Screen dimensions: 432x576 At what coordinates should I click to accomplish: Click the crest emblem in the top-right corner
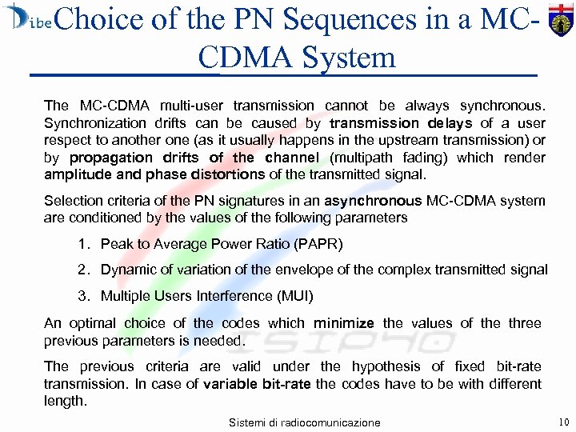click(x=561, y=22)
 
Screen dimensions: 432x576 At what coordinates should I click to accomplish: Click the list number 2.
click(x=84, y=270)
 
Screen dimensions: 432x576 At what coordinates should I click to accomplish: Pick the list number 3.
click(x=84, y=296)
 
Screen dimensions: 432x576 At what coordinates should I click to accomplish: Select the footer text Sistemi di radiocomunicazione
click(x=304, y=422)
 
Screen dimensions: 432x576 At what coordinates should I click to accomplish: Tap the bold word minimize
click(x=344, y=323)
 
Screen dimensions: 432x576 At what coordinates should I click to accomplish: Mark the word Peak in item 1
click(x=115, y=243)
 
